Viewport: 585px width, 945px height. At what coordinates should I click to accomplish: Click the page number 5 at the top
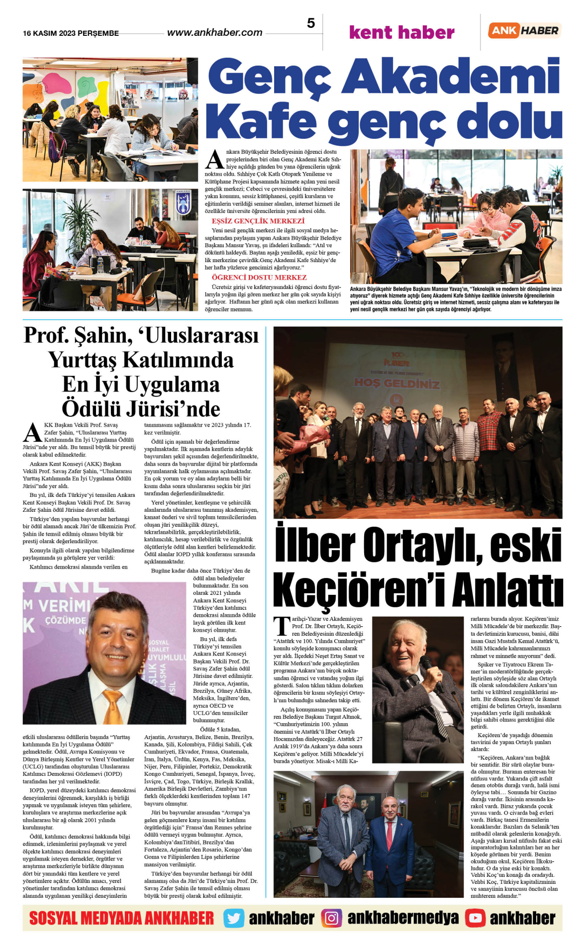[311, 23]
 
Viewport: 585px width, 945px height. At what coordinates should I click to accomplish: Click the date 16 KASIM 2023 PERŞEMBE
[71, 33]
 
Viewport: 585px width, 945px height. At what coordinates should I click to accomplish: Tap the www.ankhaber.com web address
[214, 33]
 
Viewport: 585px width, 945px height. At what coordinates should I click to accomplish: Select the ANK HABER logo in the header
[524, 30]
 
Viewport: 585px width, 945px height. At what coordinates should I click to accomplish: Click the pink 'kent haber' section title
[401, 33]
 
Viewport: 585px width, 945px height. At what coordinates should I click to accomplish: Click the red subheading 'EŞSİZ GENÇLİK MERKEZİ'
[258, 221]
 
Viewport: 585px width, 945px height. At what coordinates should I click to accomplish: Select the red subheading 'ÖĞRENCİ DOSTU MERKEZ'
[259, 278]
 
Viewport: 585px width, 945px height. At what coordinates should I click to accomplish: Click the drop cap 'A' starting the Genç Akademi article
[215, 160]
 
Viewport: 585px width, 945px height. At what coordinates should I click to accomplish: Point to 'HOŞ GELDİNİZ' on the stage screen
[396, 383]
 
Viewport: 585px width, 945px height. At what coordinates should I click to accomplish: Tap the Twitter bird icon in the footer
[233, 918]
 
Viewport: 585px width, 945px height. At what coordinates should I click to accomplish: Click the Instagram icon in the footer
[331, 918]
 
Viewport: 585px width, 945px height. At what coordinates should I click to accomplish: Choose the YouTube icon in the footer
[475, 918]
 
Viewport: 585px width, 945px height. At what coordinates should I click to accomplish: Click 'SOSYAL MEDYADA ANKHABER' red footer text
[121, 918]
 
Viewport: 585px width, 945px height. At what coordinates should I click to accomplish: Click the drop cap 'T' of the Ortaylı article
[282, 626]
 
